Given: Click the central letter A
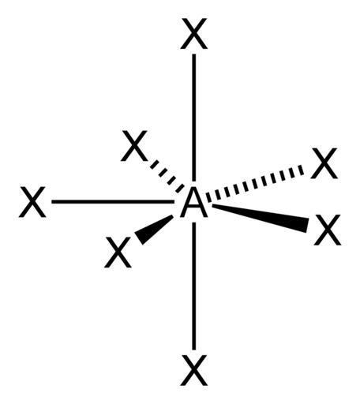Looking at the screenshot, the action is pos(193,202).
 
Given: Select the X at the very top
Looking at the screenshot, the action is pos(194,34).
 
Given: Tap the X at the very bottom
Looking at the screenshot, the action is pos(194,370).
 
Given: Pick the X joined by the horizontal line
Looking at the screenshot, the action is pos(32,202).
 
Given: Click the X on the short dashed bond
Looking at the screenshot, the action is pos(134,146).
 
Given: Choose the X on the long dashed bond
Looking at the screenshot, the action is pos(324,163).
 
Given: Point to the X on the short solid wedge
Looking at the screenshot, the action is pos(118,252).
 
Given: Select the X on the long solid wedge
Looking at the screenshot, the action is pos(328,230).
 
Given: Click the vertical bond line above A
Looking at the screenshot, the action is pos(194,118).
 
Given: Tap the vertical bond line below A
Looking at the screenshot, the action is pos(194,286).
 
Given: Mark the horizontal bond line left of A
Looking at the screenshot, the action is pos(113,202).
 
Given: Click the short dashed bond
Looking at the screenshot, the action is pos(167,176).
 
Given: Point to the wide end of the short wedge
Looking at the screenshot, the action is pos(139,238).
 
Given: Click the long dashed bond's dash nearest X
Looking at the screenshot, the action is pos(301,170).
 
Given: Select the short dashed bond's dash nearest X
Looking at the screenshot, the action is pos(155,164).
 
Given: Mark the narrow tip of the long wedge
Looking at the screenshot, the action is pos(212,205).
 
